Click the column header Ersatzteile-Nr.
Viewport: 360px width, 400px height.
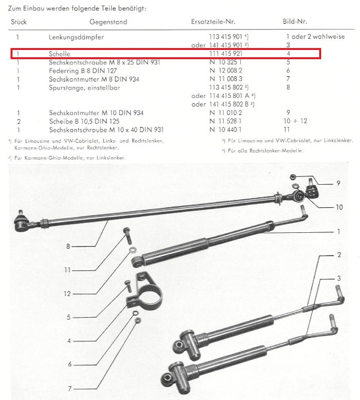[x=213, y=22]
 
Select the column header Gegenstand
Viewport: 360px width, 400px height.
[x=108, y=22]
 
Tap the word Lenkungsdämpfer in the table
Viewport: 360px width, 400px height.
[x=76, y=37]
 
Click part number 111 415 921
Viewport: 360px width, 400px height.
[x=226, y=53]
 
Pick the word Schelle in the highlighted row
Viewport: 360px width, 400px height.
[x=59, y=54]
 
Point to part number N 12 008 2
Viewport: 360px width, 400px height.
[x=226, y=70]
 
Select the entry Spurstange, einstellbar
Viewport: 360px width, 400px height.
[x=84, y=87]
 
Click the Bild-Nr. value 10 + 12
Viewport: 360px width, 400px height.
[x=296, y=121]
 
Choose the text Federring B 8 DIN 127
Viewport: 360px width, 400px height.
[x=83, y=70]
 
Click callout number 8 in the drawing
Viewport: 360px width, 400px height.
[x=68, y=247]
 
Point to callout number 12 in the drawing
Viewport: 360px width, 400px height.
[x=67, y=294]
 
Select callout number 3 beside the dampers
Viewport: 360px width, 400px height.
[x=339, y=278]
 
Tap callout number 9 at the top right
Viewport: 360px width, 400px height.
[x=338, y=183]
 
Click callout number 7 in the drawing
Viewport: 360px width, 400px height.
[x=70, y=389]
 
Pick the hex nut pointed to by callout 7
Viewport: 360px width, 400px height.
[x=138, y=320]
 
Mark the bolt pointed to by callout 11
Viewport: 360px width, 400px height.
[x=127, y=236]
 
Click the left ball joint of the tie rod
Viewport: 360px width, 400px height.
[x=22, y=222]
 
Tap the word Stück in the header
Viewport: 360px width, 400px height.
[x=18, y=22]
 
